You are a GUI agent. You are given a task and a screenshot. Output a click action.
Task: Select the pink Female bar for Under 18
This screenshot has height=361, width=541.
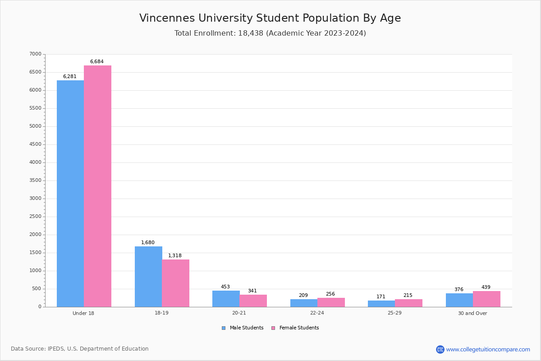coord(97,186)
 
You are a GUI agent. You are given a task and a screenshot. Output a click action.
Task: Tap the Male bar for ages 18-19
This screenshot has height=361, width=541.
coord(148,276)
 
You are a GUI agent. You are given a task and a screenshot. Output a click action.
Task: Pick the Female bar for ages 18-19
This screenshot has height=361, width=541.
coord(175,283)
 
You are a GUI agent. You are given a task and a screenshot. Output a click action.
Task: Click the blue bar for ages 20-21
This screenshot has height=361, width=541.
coord(226,299)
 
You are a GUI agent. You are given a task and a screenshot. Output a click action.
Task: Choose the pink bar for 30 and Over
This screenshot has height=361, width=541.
coord(486,299)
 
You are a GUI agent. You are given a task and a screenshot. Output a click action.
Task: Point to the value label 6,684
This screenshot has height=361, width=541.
coord(96,62)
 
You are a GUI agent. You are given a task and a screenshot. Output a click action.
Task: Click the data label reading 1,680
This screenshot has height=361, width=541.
coord(147,243)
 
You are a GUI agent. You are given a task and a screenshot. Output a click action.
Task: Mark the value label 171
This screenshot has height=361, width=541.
coord(381,297)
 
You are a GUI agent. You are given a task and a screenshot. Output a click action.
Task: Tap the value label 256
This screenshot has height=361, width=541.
coord(330,294)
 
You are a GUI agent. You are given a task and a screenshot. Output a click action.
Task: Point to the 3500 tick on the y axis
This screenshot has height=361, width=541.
coord(35,180)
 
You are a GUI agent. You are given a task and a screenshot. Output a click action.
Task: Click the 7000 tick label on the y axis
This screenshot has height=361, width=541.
coord(35,54)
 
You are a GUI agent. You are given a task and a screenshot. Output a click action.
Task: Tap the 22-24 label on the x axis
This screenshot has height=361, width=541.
coord(317,313)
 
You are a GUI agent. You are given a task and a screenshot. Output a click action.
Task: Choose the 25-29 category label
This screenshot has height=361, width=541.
coord(395,313)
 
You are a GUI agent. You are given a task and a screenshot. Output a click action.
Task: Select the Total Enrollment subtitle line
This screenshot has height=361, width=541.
coord(270,33)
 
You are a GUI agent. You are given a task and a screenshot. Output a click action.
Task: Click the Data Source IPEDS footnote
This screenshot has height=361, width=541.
coord(80,349)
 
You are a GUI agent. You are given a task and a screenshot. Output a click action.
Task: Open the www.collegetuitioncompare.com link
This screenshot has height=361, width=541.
coord(488,349)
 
